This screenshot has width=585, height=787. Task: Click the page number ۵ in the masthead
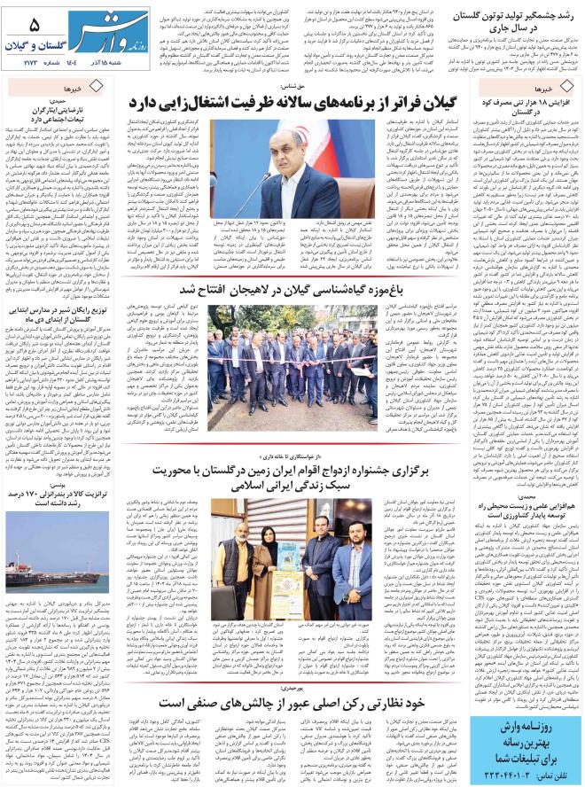pyautogui.click(x=34, y=25)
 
